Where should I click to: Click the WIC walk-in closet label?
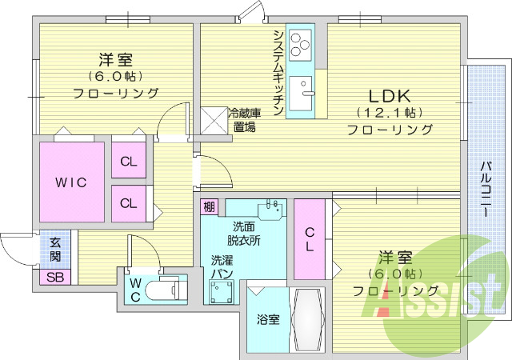(70, 182)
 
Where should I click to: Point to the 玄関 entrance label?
(55, 249)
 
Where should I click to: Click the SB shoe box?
(55, 278)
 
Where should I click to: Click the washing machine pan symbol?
(222, 292)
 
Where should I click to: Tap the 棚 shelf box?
(210, 207)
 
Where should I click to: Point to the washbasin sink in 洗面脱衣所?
(272, 209)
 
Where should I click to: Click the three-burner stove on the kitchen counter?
(302, 45)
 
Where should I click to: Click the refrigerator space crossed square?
(214, 121)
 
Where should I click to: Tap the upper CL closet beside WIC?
(129, 162)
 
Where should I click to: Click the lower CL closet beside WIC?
(129, 202)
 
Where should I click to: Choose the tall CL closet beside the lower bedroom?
(309, 239)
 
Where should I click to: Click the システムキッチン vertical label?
(278, 72)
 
